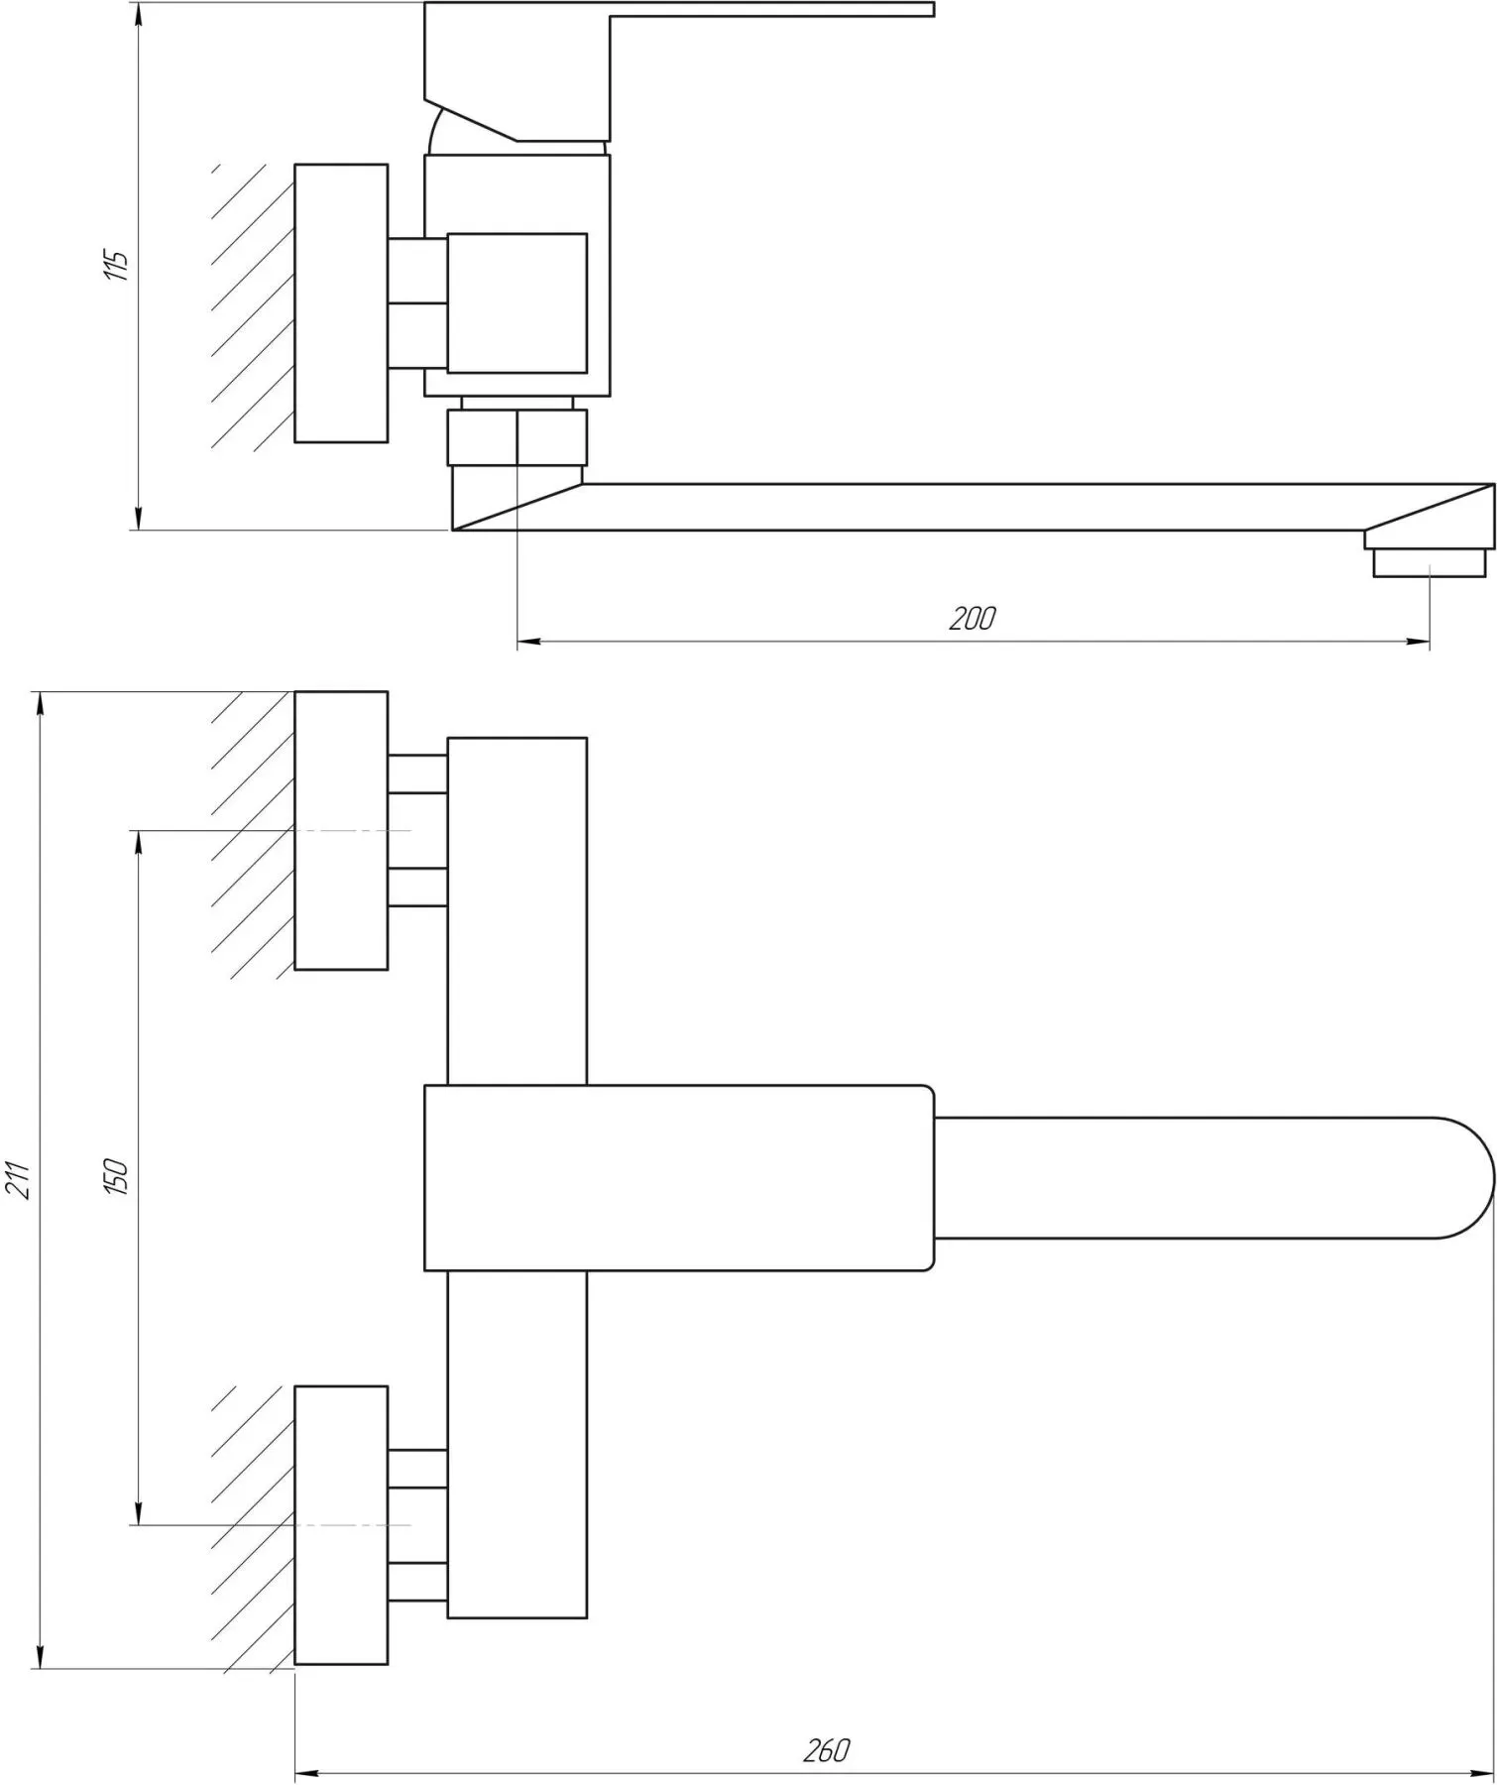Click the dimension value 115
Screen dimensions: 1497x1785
point(117,265)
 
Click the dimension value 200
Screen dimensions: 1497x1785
point(972,619)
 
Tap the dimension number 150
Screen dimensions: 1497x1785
point(117,1176)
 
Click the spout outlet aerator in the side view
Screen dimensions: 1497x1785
point(1429,563)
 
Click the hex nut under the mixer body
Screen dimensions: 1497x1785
point(517,437)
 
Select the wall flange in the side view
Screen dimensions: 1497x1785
point(341,303)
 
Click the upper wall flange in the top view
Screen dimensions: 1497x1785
point(341,830)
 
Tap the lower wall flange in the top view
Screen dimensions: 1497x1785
point(341,1525)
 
